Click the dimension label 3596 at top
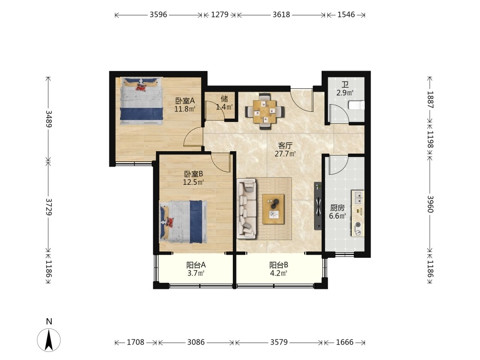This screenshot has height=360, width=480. (x=158, y=15)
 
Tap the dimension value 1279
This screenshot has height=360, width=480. (x=220, y=15)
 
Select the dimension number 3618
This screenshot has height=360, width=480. (x=281, y=15)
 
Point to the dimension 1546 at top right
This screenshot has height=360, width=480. (x=346, y=15)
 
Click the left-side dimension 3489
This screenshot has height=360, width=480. (x=48, y=119)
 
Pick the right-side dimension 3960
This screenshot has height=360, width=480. (x=430, y=204)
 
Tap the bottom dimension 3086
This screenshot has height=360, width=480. (x=196, y=342)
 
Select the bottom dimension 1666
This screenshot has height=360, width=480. (x=345, y=342)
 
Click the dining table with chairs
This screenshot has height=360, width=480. (x=265, y=111)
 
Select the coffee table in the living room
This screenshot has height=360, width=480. (x=274, y=209)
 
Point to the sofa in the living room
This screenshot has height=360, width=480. (x=246, y=208)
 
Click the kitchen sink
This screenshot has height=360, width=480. (x=358, y=197)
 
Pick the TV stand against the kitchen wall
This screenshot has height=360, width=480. (x=318, y=206)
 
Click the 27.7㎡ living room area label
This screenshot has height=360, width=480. (x=285, y=154)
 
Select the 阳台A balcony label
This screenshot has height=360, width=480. (x=196, y=265)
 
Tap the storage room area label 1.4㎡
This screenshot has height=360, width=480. (x=224, y=107)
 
